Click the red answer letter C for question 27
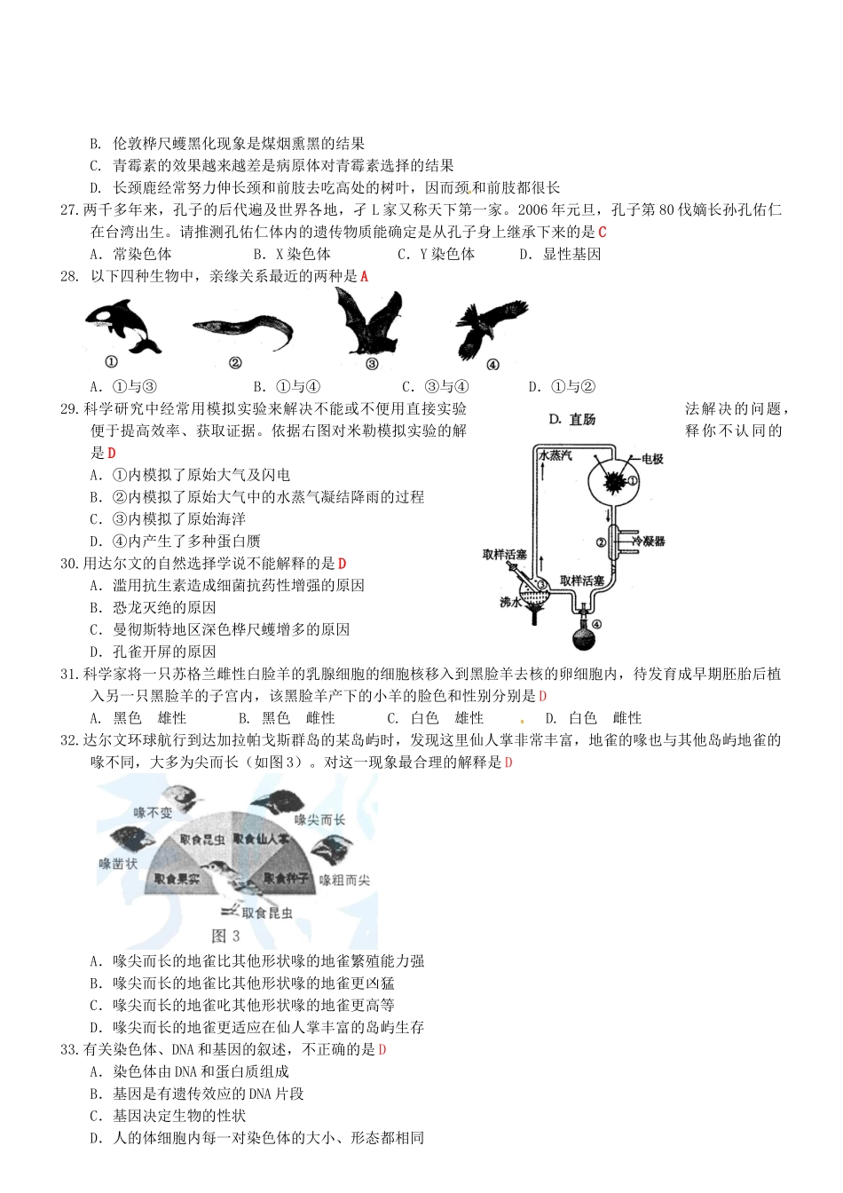(x=603, y=233)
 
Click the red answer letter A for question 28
(x=364, y=277)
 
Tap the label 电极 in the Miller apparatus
(x=652, y=459)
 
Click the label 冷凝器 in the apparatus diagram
(x=648, y=541)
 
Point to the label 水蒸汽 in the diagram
(x=555, y=455)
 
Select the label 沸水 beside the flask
(x=510, y=602)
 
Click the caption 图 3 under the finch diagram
(x=225, y=936)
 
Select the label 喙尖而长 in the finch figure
(x=319, y=819)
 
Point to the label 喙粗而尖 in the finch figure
(x=344, y=880)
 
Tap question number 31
(x=70, y=675)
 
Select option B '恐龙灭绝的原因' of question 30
(x=153, y=608)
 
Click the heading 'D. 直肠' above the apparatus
(x=572, y=419)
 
